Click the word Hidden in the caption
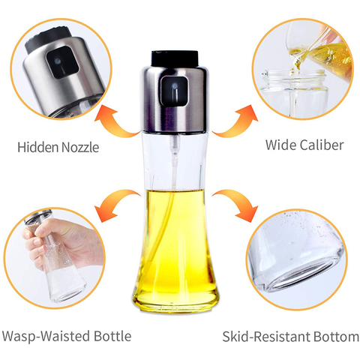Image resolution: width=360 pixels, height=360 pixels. [x=37, y=147]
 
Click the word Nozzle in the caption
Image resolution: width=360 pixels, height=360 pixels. [x=80, y=147]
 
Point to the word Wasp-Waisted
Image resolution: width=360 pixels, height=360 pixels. [x=46, y=336]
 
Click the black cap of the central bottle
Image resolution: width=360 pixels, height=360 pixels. [x=175, y=58]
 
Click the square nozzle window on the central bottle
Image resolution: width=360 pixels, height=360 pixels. [x=174, y=91]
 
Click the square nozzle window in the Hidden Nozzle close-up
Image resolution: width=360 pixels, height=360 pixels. [x=62, y=62]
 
